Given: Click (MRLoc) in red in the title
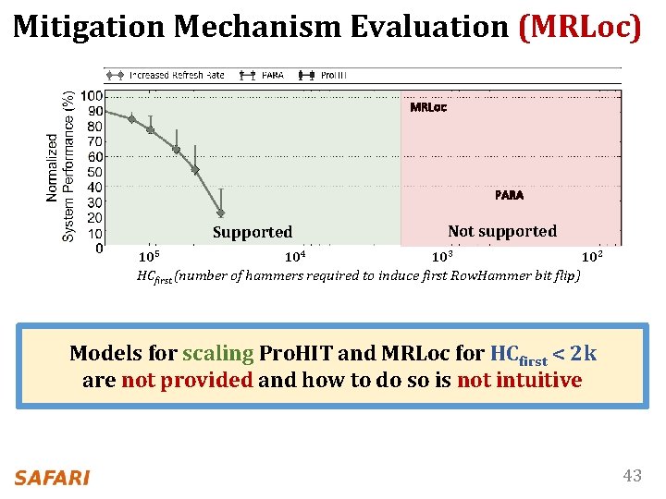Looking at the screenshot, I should tap(580, 26).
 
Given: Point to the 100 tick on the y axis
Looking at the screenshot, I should tap(92, 96).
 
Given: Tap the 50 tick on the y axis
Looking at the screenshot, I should tap(94, 172).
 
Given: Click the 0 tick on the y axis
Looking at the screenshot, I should tap(98, 249).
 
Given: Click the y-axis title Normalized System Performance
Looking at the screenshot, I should tap(60, 166).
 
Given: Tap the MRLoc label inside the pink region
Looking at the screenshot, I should tap(427, 107).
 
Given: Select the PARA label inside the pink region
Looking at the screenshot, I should tap(509, 195).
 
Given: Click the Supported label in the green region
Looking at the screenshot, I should tap(252, 232).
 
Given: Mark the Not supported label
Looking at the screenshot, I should tap(501, 231).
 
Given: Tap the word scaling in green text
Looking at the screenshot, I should tap(217, 353).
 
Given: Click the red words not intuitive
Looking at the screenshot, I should tap(519, 380).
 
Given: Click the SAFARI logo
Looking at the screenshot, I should tap(52, 477).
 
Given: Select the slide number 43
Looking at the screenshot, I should tap(632, 476).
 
